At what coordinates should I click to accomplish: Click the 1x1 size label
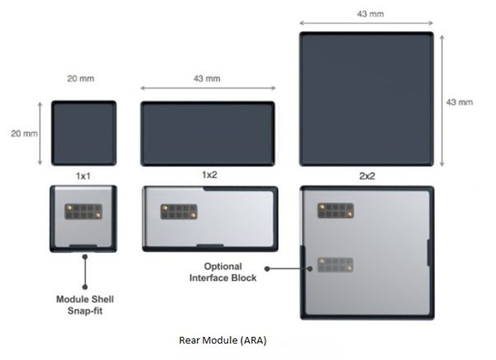click(x=82, y=176)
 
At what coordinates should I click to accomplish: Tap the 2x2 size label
click(x=367, y=176)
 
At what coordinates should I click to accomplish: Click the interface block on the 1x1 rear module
click(x=83, y=213)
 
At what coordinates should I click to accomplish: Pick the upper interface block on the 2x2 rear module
click(x=335, y=211)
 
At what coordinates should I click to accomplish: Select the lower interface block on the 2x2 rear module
click(x=335, y=265)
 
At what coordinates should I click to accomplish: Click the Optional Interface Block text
click(x=232, y=273)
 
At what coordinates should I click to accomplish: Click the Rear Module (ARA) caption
click(x=222, y=339)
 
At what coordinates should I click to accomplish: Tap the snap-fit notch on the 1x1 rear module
click(x=84, y=245)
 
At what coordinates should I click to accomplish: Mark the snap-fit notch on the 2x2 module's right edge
click(x=427, y=251)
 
